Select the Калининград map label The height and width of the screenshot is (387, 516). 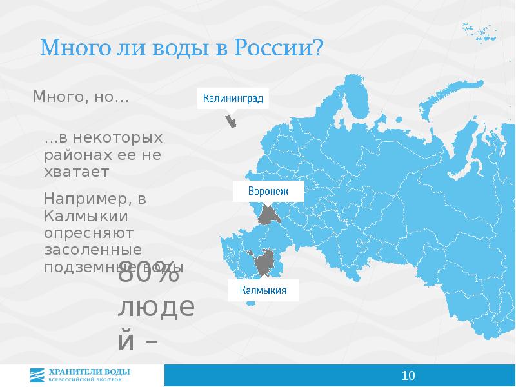pos(233,99)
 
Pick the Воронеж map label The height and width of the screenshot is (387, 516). pos(267,192)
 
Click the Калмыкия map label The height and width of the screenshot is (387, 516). pos(263,290)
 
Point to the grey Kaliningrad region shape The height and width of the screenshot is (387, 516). pos(230,121)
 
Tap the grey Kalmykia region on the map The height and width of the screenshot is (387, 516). pos(264,264)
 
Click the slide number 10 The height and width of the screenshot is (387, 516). pos(408,375)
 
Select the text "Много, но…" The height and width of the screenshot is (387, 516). pos(81,97)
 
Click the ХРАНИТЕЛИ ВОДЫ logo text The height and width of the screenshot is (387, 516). pos(90,371)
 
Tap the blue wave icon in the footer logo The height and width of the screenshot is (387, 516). pos(39,374)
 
